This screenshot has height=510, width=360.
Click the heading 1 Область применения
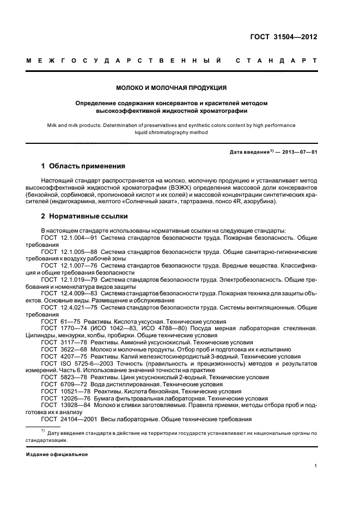[x=83, y=166]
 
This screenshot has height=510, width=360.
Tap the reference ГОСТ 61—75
[x=57, y=321]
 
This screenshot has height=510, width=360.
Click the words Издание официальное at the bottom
[x=57, y=454]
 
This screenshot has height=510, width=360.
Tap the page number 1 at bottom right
[x=316, y=466]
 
